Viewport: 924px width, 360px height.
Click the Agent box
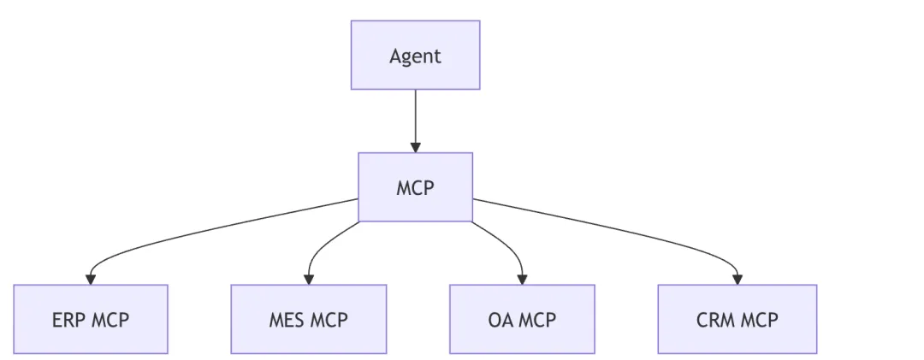coord(416,56)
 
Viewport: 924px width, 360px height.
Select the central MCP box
coord(416,187)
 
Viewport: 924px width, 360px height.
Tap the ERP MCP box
coord(91,319)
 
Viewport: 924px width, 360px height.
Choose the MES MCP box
coord(309,319)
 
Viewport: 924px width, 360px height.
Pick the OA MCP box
coord(522,319)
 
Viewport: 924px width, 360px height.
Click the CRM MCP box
coord(737,319)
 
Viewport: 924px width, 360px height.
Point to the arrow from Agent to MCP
coord(416,121)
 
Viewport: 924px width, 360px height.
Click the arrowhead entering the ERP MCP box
coord(91,280)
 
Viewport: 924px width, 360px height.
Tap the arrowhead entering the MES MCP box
coord(309,280)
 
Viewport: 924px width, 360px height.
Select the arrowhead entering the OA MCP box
coord(522,280)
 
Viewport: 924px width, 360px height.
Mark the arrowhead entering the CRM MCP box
coord(737,280)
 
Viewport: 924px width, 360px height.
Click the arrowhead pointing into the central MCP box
coord(416,147)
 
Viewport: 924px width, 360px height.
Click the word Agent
coord(416,56)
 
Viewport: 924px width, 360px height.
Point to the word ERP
coord(67,320)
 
